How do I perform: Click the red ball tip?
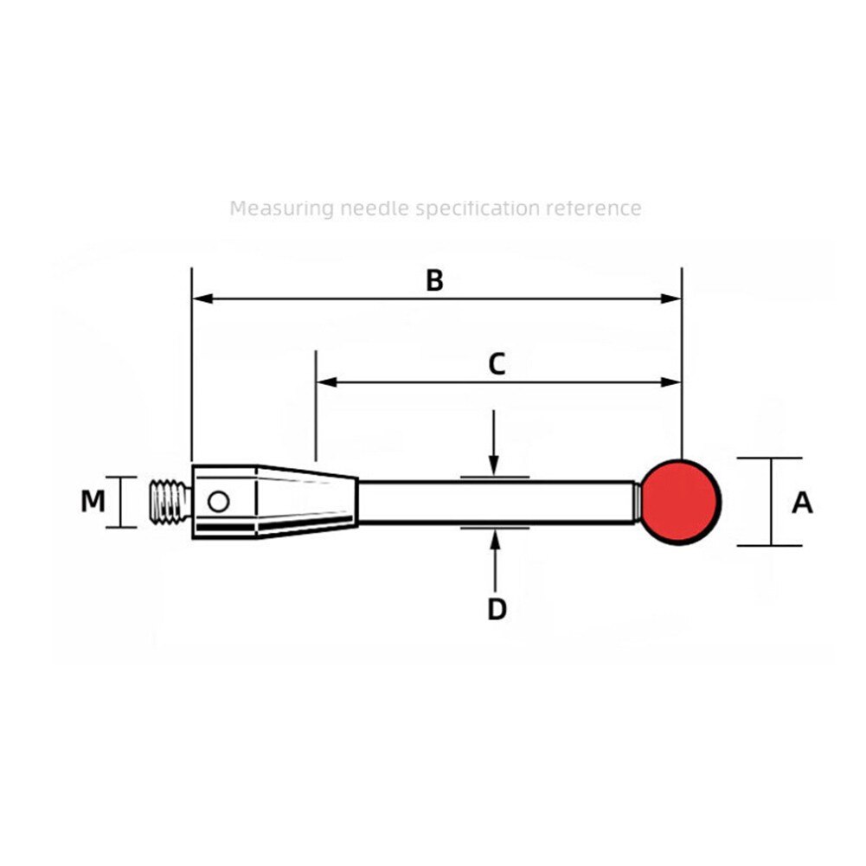click(682, 502)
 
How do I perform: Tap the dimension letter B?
click(434, 280)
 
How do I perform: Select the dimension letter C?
click(496, 364)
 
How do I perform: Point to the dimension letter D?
click(496, 609)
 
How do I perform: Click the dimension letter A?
click(802, 502)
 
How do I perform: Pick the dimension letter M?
click(93, 501)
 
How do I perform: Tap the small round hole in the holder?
click(218, 501)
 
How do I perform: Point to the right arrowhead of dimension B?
click(672, 299)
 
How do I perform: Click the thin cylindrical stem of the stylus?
click(497, 502)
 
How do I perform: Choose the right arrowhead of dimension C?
click(672, 382)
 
